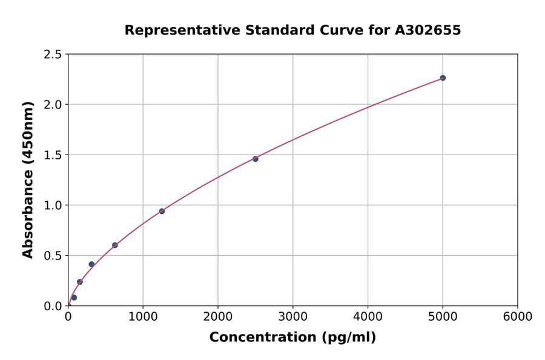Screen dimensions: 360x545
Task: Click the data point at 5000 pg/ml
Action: (x=443, y=78)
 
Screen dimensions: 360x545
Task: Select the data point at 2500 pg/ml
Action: (x=256, y=159)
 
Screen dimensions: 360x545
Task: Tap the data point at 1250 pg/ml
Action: (x=162, y=211)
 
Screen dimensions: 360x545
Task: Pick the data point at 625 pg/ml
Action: (x=115, y=245)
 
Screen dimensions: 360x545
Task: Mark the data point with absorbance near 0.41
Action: (x=91, y=264)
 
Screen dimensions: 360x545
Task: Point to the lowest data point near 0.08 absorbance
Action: (x=74, y=298)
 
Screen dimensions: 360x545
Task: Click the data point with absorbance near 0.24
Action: (x=80, y=282)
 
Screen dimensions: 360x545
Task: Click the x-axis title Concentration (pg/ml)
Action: (x=292, y=338)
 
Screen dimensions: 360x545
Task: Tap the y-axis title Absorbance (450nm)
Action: (x=28, y=180)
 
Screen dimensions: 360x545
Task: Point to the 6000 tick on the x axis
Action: (x=518, y=317)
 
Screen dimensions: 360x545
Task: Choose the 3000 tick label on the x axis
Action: (x=292, y=317)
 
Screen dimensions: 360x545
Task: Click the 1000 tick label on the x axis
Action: (x=143, y=317)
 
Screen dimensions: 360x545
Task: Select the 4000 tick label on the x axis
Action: (x=368, y=317)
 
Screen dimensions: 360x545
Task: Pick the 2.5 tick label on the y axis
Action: (x=53, y=55)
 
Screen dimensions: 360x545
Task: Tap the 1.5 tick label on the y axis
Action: (x=53, y=155)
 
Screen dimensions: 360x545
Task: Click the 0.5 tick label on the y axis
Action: (x=53, y=256)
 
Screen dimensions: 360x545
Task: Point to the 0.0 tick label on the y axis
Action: (x=53, y=306)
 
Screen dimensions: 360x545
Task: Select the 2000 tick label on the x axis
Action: (x=218, y=317)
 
